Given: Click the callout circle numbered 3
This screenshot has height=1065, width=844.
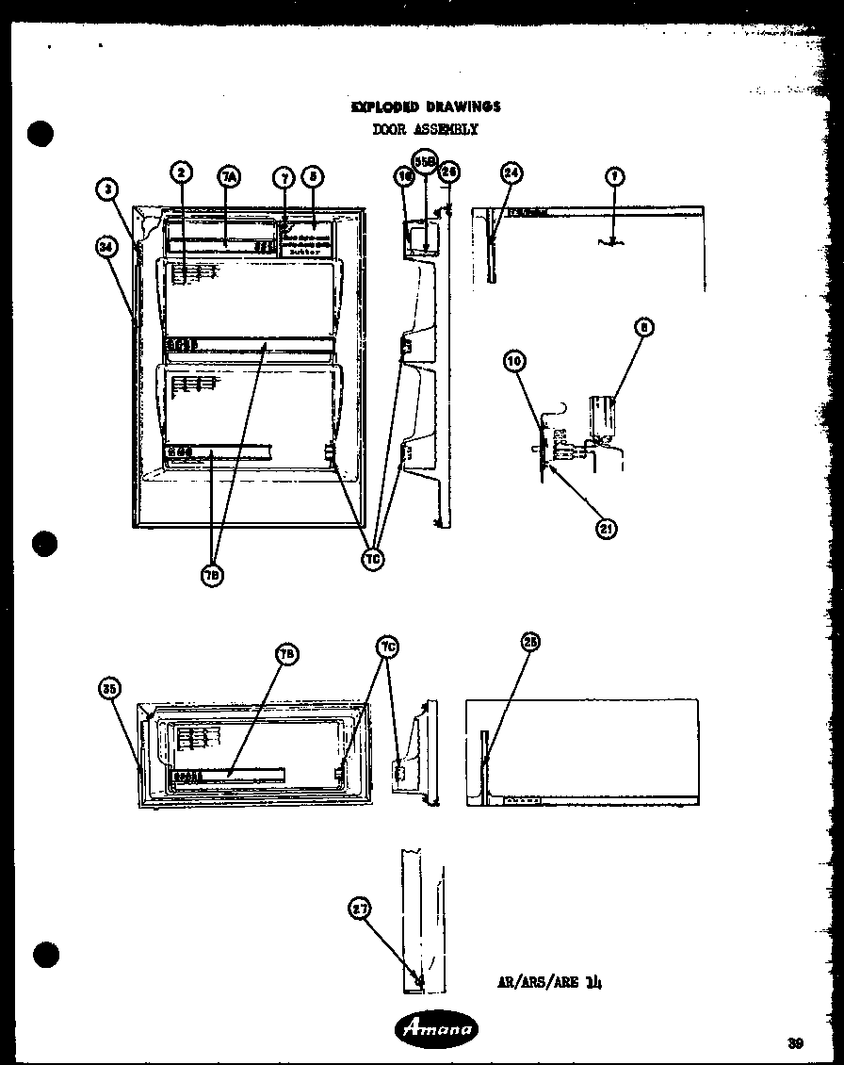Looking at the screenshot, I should pos(109,190).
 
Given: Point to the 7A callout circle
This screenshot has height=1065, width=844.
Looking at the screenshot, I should pos(229,176).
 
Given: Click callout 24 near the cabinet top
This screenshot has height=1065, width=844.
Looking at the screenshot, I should pos(511,172).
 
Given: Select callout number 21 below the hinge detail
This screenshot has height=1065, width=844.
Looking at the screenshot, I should pos(607,529).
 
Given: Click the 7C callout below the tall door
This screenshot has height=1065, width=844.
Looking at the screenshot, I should pos(373,558).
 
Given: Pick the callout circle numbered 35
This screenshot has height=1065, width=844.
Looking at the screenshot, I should pos(110,689).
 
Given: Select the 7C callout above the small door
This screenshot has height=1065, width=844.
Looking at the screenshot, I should pos(388,647).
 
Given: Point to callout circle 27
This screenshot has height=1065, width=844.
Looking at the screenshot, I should pos(360,909).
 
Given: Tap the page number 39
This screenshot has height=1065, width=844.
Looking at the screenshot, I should pos(796,1042).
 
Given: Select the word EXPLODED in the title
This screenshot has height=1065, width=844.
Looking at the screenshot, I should pos(384,106).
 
